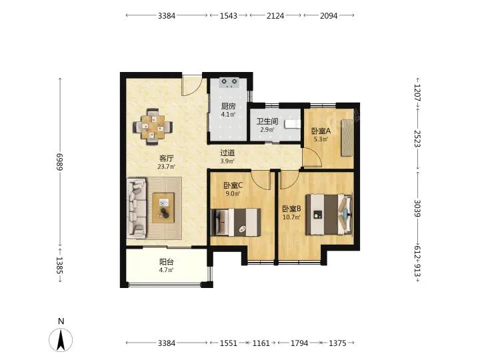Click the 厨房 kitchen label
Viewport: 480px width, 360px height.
click(x=229, y=106)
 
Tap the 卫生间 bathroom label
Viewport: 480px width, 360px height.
click(x=267, y=121)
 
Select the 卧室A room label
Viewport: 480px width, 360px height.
click(x=321, y=131)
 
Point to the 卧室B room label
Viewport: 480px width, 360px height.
click(x=291, y=209)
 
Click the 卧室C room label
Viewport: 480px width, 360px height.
click(x=233, y=185)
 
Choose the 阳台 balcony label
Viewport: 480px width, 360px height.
click(x=167, y=262)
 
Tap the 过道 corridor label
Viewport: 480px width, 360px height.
click(x=227, y=153)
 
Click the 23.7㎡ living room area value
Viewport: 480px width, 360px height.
click(x=166, y=167)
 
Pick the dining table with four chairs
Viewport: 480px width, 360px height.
click(x=153, y=127)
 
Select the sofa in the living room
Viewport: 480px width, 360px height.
click(x=137, y=208)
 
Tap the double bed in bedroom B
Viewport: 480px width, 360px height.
click(x=329, y=214)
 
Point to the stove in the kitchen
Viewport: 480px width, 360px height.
click(x=229, y=83)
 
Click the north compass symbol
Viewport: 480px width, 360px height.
click(x=61, y=340)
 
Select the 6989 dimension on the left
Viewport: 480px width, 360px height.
click(x=59, y=161)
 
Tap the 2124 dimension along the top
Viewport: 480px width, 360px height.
click(x=275, y=15)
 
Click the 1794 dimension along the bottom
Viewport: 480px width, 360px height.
click(x=299, y=343)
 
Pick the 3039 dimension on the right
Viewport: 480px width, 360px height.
click(x=417, y=209)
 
